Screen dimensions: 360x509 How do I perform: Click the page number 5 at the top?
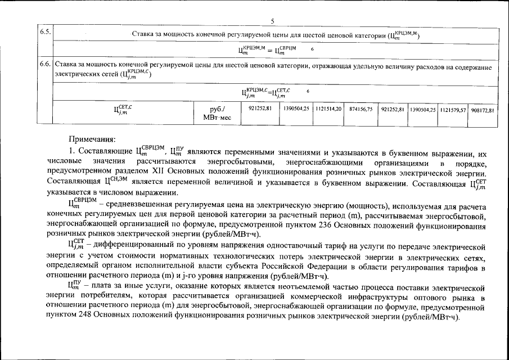tap(272, 22)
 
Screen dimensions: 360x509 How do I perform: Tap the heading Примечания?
tap(92, 138)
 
